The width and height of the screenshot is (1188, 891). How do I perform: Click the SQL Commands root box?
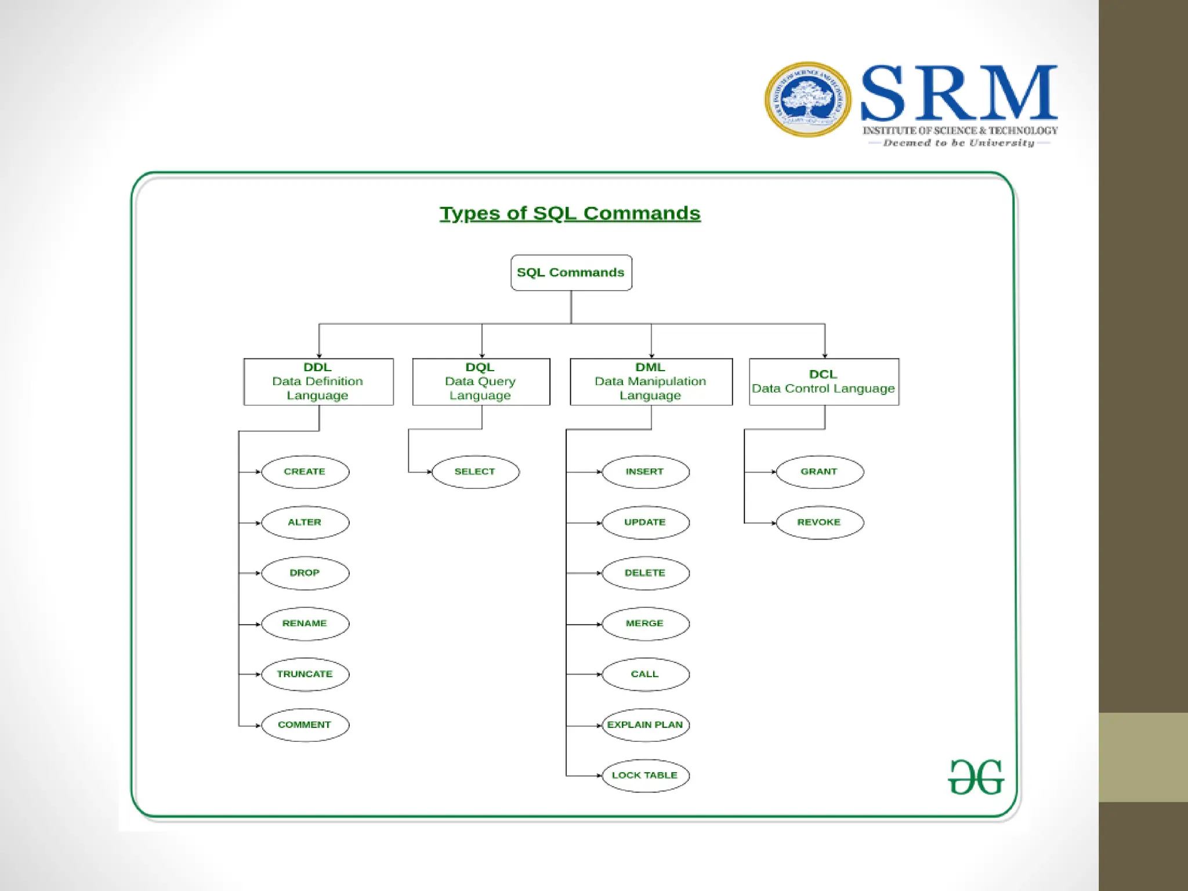(571, 273)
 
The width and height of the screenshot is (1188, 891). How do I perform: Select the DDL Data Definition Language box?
(318, 382)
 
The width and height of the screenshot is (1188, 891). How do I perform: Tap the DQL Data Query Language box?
(481, 382)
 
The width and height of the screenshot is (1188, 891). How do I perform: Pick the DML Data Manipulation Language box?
(651, 382)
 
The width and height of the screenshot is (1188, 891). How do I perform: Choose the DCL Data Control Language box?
(824, 382)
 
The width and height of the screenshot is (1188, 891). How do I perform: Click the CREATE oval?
(305, 472)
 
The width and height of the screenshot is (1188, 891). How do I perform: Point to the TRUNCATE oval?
(305, 674)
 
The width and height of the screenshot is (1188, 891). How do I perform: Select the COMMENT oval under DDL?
(305, 725)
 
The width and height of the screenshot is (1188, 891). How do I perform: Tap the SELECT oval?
(475, 472)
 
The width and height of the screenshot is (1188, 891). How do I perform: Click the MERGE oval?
(645, 624)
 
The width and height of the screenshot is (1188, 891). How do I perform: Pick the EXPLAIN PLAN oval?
(645, 725)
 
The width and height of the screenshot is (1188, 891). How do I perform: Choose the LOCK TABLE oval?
(645, 776)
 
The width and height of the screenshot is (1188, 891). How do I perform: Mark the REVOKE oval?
(819, 522)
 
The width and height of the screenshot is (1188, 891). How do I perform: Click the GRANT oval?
(819, 472)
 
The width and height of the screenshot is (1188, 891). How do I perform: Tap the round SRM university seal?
(807, 100)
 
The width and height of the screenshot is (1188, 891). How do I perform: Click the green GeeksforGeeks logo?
(976, 777)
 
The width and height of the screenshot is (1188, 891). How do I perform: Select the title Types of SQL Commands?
(570, 213)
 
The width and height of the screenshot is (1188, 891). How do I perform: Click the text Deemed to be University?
(959, 143)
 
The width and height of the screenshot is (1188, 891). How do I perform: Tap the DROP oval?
(305, 573)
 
